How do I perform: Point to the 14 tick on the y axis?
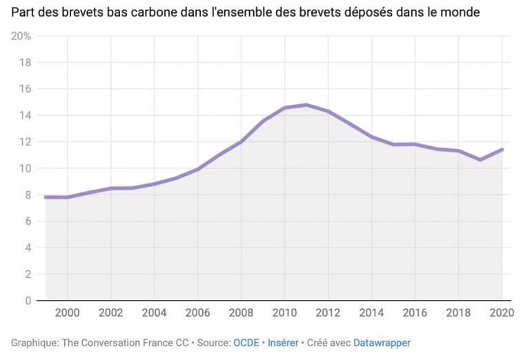26,115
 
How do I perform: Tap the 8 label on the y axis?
28,195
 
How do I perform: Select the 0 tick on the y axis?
28,301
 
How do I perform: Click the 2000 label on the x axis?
67,312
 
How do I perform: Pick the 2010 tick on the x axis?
284,312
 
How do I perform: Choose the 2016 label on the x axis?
415,312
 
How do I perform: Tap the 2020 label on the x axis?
501,312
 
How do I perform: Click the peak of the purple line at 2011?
306,105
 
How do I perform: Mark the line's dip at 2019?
480,159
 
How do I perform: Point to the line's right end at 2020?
502,149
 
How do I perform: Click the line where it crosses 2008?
241,141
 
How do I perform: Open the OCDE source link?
245,342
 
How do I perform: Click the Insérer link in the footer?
284,342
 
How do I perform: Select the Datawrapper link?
382,342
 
